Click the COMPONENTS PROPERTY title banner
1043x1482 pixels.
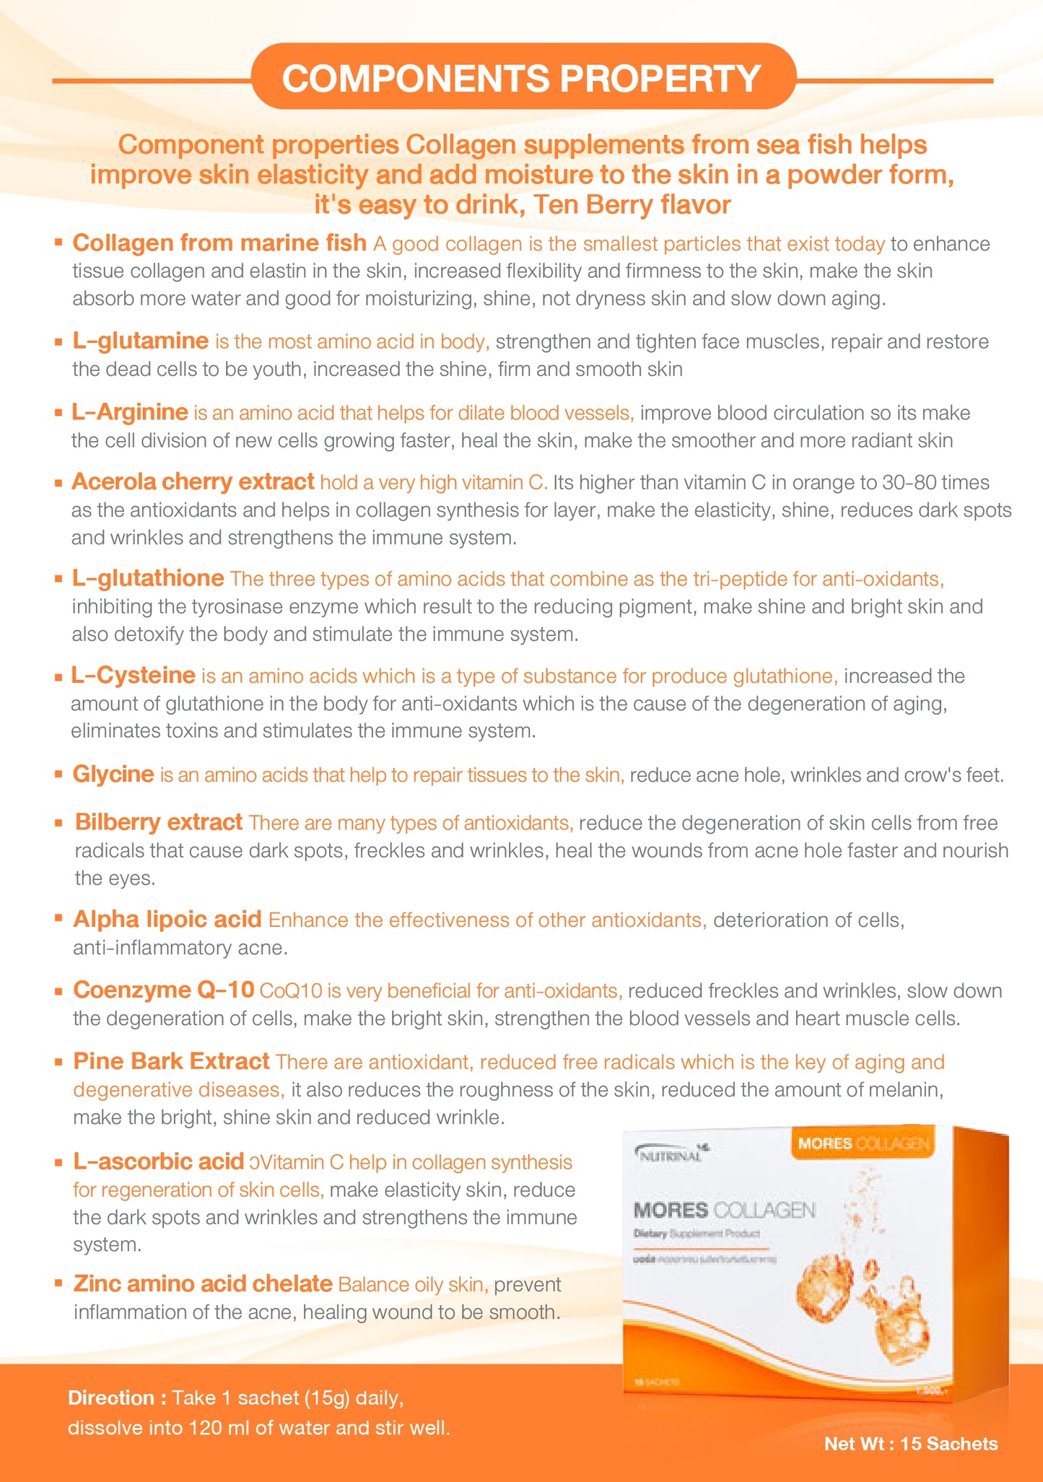tap(521, 78)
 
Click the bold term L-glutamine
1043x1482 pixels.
tap(140, 341)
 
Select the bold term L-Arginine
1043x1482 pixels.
tap(130, 412)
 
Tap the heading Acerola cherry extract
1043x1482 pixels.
tap(193, 481)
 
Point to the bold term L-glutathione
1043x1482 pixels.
tap(148, 578)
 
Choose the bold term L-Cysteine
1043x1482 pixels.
tap(134, 676)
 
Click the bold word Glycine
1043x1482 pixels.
tap(113, 775)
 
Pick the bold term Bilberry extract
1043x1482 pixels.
tap(159, 822)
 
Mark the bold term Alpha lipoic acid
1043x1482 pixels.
tap(167, 920)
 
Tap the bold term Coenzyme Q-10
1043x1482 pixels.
tap(164, 990)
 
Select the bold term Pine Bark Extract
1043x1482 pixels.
tap(172, 1061)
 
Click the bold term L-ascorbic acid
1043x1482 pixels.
tap(159, 1161)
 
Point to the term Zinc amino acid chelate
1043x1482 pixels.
tap(203, 1283)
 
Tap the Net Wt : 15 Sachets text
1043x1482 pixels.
tap(911, 1444)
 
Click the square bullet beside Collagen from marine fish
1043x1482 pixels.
tap(58, 243)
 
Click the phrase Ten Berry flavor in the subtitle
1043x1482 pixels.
tap(632, 205)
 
